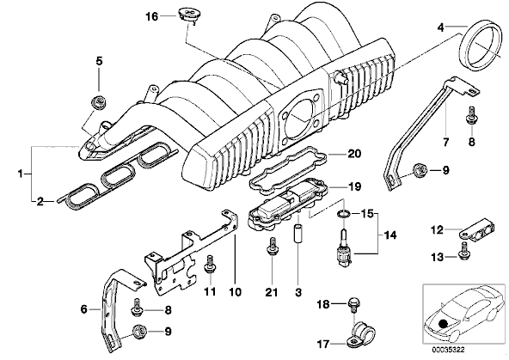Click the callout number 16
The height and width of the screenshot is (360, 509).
pyautogui.click(x=151, y=16)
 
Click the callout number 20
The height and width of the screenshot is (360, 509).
pyautogui.click(x=354, y=154)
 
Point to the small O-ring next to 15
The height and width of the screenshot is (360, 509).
pyautogui.click(x=344, y=214)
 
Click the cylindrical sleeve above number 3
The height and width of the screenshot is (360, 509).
pyautogui.click(x=297, y=233)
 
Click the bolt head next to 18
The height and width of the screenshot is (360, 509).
pyautogui.click(x=353, y=304)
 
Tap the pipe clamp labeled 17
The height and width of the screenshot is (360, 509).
pyautogui.click(x=360, y=335)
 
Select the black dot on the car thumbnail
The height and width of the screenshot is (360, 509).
pyautogui.click(x=443, y=324)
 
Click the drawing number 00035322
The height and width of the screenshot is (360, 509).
pyautogui.click(x=448, y=350)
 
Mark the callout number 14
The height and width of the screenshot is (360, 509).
pyautogui.click(x=390, y=235)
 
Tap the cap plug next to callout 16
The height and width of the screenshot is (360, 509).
pyautogui.click(x=187, y=15)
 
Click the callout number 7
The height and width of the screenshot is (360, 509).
pyautogui.click(x=445, y=142)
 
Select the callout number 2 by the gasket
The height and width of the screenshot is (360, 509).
pyautogui.click(x=40, y=202)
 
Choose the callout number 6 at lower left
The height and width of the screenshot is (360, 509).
pyautogui.click(x=84, y=309)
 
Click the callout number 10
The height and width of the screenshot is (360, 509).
pyautogui.click(x=235, y=292)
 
